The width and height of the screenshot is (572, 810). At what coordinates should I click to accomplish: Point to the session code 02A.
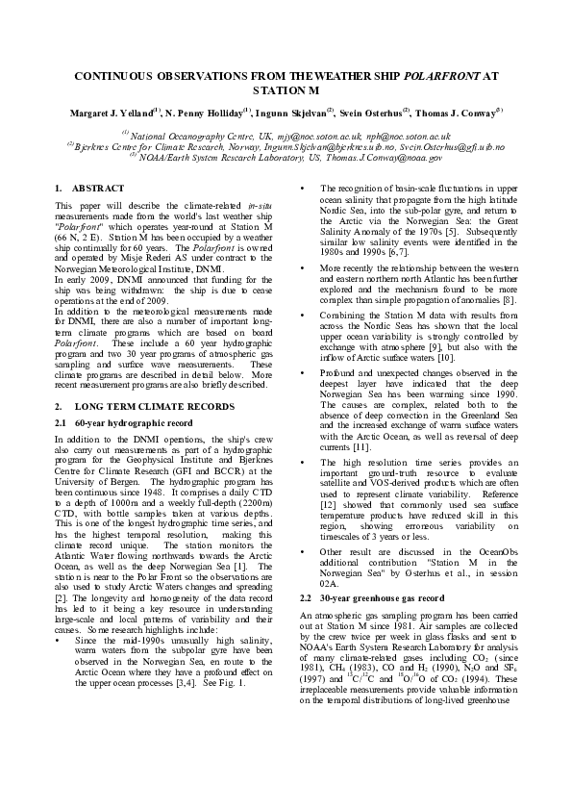pyautogui.click(x=328, y=583)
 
